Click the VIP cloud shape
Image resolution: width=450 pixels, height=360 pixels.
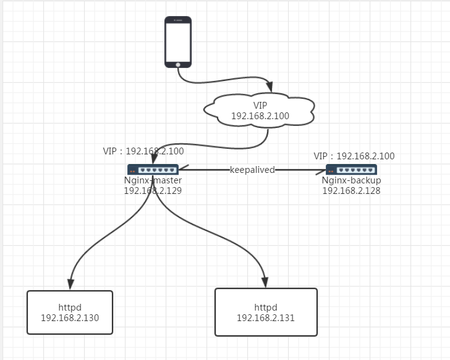260,109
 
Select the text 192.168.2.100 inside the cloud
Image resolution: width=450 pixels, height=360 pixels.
260,116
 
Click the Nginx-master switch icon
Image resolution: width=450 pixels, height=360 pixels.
153,169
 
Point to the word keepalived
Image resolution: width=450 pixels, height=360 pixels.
252,170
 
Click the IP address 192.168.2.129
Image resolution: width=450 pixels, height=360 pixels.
153,191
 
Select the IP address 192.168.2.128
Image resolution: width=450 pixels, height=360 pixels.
351,191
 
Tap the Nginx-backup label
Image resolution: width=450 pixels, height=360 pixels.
351,180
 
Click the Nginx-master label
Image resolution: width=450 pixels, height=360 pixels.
153,180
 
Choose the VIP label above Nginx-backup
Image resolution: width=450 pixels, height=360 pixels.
354,156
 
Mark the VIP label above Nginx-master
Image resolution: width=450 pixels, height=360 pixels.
143,151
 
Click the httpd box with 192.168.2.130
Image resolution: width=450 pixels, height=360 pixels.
70,312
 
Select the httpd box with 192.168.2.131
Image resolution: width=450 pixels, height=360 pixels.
266,312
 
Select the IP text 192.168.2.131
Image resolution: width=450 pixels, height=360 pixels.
266,318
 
